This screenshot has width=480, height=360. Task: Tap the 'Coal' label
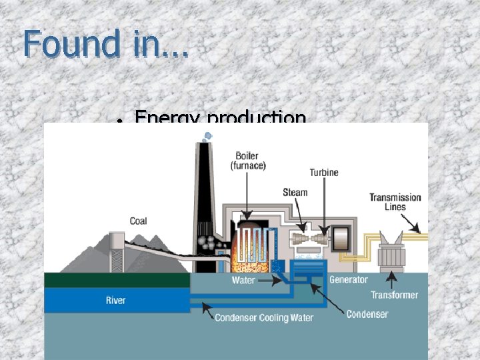pyautogui.click(x=139, y=221)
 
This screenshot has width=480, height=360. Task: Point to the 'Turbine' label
pyautogui.click(x=323, y=172)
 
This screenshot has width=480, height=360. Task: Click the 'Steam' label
pyautogui.click(x=295, y=193)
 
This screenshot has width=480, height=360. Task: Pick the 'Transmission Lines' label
pyautogui.click(x=395, y=201)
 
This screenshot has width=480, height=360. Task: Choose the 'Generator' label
pyautogui.click(x=348, y=280)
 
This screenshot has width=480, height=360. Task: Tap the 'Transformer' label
pyautogui.click(x=395, y=295)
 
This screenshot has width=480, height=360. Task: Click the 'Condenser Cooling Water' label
pyautogui.click(x=264, y=318)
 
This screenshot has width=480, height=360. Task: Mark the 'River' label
pyautogui.click(x=115, y=300)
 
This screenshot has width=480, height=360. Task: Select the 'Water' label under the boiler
pyautogui.click(x=243, y=281)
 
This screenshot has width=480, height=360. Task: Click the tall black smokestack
pyautogui.click(x=204, y=200)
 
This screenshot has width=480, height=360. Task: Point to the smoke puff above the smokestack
pyautogui.click(x=208, y=136)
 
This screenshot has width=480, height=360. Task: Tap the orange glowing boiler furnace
pyautogui.click(x=253, y=250)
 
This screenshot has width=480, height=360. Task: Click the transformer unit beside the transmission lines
pyautogui.click(x=394, y=253)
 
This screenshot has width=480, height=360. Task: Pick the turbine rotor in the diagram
pyautogui.click(x=307, y=238)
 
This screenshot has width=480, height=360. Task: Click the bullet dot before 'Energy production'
pyautogui.click(x=118, y=121)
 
